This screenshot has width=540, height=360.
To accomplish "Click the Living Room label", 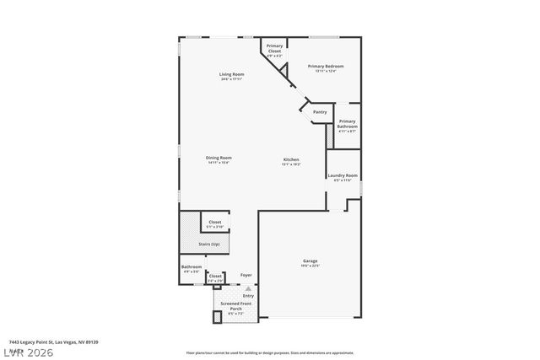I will [231, 76].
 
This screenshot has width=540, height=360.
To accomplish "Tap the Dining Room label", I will [219, 159].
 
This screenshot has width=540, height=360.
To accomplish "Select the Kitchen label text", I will [291, 160].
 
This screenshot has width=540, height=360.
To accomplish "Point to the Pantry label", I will [320, 111].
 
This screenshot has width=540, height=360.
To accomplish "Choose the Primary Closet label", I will [274, 50].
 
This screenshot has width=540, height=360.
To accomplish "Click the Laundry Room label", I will [343, 176].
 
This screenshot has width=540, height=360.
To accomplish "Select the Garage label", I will [310, 262].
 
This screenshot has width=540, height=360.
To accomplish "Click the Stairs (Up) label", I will [209, 244].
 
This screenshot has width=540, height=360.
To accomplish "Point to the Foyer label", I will [246, 275].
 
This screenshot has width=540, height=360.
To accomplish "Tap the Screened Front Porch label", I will [231, 307].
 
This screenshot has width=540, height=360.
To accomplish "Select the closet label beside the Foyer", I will [215, 277].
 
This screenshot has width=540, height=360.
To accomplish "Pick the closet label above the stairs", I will [215, 224].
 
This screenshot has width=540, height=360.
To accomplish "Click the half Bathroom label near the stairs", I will [192, 269].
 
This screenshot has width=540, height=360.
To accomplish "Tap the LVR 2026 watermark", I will [27, 349].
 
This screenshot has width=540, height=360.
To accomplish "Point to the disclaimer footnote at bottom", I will [269, 352].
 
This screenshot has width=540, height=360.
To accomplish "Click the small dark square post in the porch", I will [216, 316].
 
